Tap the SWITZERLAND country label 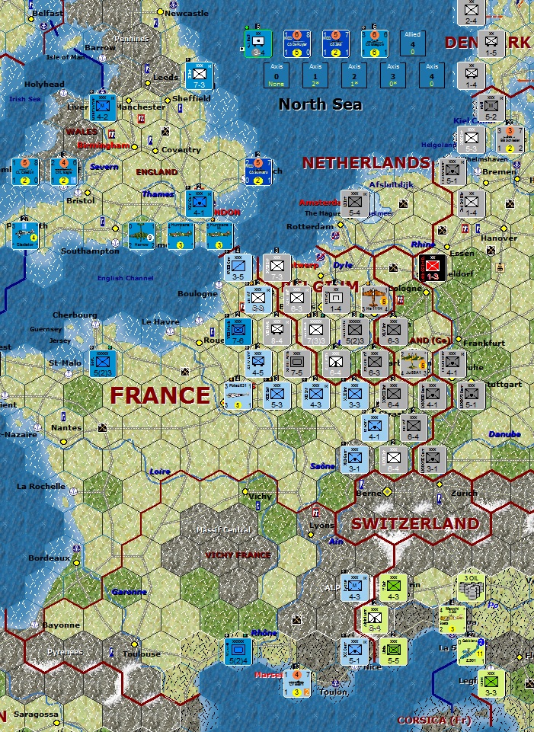point(415,524)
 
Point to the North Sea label point(320,104)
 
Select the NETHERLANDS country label point(366,162)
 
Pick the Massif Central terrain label point(226,529)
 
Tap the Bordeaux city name point(49,558)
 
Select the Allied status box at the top point(412,43)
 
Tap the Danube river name point(504,434)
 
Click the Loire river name point(160,471)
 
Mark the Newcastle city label point(186,14)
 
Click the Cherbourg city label point(75,315)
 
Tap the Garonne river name point(123,591)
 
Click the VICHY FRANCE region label point(238,555)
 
